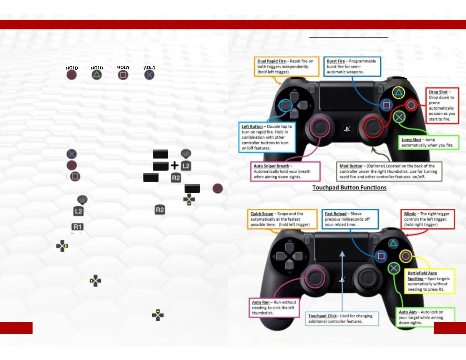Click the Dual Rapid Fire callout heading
[x=271, y=61]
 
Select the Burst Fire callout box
[x=352, y=66]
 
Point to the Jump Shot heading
[x=411, y=140]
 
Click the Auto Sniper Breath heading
[x=271, y=166]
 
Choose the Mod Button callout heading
[x=351, y=166]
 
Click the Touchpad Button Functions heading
[x=349, y=188]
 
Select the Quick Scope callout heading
[x=262, y=214]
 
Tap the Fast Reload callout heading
[x=335, y=214]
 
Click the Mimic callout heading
[x=410, y=214]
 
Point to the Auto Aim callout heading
[x=407, y=312]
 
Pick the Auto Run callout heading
[x=261, y=302]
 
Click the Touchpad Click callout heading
[x=322, y=316]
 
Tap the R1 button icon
[x=78, y=227]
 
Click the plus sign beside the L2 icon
[x=174, y=165]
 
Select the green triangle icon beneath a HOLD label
[x=97, y=75]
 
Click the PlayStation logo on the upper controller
[x=347, y=129]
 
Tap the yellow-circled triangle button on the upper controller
[x=399, y=93]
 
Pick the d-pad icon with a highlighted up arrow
[x=158, y=315]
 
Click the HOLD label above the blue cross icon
[x=149, y=68]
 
